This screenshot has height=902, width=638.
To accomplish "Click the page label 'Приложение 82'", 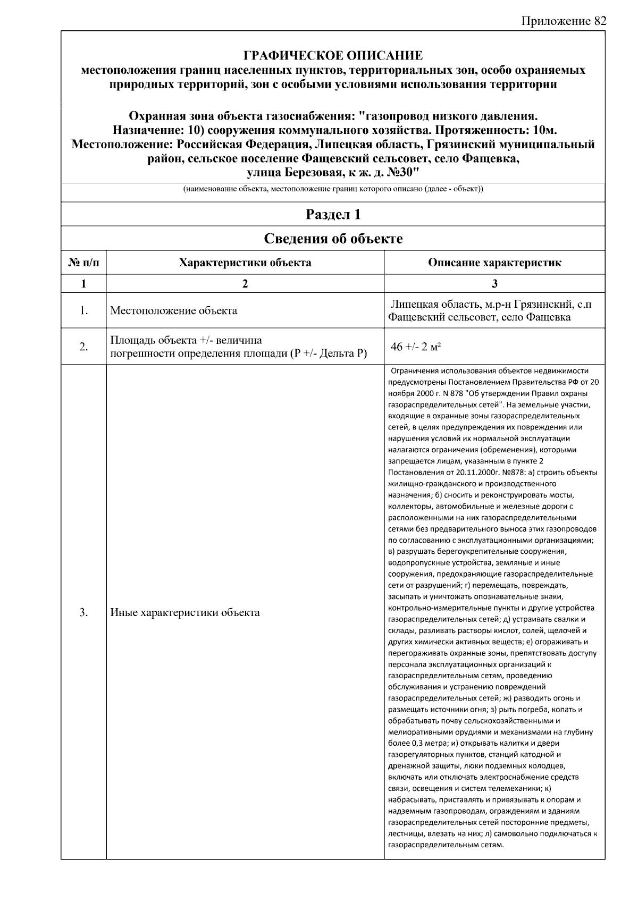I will (564, 21).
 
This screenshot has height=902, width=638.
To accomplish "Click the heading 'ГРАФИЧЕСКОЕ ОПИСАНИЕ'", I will (333, 56).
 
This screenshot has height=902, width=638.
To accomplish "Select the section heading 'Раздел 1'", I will (333, 214).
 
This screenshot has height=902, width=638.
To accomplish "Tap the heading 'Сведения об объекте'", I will (333, 239).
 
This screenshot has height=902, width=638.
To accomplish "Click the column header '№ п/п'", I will (83, 263).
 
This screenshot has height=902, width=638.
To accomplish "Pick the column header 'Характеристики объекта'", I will (245, 263).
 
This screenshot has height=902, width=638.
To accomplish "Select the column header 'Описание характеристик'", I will (494, 263).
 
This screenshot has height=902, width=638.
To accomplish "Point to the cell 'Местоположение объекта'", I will (173, 311).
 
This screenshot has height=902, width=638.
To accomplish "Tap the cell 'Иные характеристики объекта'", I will (185, 612).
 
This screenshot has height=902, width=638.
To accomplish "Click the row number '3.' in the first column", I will (83, 612).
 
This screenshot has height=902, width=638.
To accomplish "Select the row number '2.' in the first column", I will (83, 347).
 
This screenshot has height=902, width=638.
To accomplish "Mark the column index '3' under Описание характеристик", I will (494, 284).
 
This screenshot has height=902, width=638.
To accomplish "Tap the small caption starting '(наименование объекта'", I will (333, 189).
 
